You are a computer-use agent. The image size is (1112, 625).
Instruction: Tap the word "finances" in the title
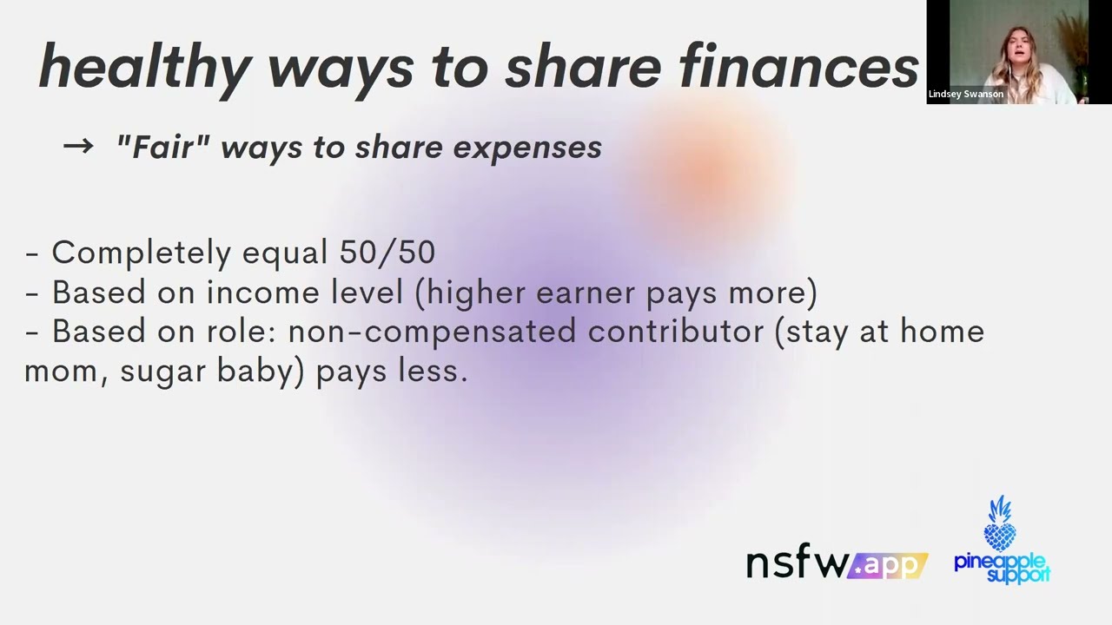tap(798, 66)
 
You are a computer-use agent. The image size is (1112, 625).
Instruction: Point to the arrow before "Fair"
tap(78, 146)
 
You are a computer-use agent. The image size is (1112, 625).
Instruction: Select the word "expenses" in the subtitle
tap(527, 148)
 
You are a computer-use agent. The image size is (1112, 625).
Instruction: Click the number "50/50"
tap(387, 252)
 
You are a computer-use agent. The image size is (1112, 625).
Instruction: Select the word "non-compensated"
tap(432, 331)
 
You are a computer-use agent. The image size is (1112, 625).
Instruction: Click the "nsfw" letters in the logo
tap(797, 563)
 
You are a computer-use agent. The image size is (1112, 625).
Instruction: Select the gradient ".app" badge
tap(888, 566)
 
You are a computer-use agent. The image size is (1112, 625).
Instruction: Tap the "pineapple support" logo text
tap(1002, 567)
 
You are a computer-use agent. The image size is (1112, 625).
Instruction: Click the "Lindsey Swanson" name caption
tap(965, 94)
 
